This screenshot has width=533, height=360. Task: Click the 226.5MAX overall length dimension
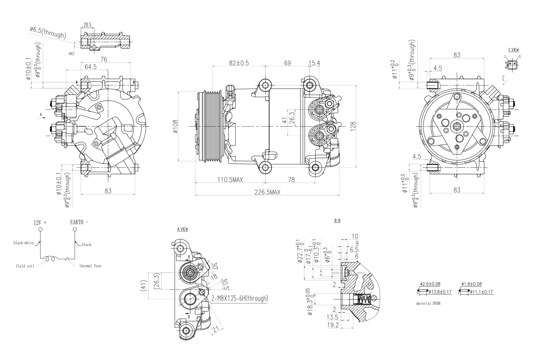267,192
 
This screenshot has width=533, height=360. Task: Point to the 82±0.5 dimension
239,63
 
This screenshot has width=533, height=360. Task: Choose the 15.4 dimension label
314,63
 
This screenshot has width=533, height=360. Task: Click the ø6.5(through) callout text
48,32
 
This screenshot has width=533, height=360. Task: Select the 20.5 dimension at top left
87,25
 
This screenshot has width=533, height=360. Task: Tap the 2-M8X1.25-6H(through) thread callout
239,298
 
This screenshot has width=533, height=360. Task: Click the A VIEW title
182,229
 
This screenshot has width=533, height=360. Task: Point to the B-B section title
337,220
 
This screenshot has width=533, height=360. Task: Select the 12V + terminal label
40,222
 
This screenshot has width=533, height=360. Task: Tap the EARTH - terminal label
79,222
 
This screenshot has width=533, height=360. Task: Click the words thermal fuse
90,266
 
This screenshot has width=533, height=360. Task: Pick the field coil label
25,266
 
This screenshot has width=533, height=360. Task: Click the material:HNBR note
428,303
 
